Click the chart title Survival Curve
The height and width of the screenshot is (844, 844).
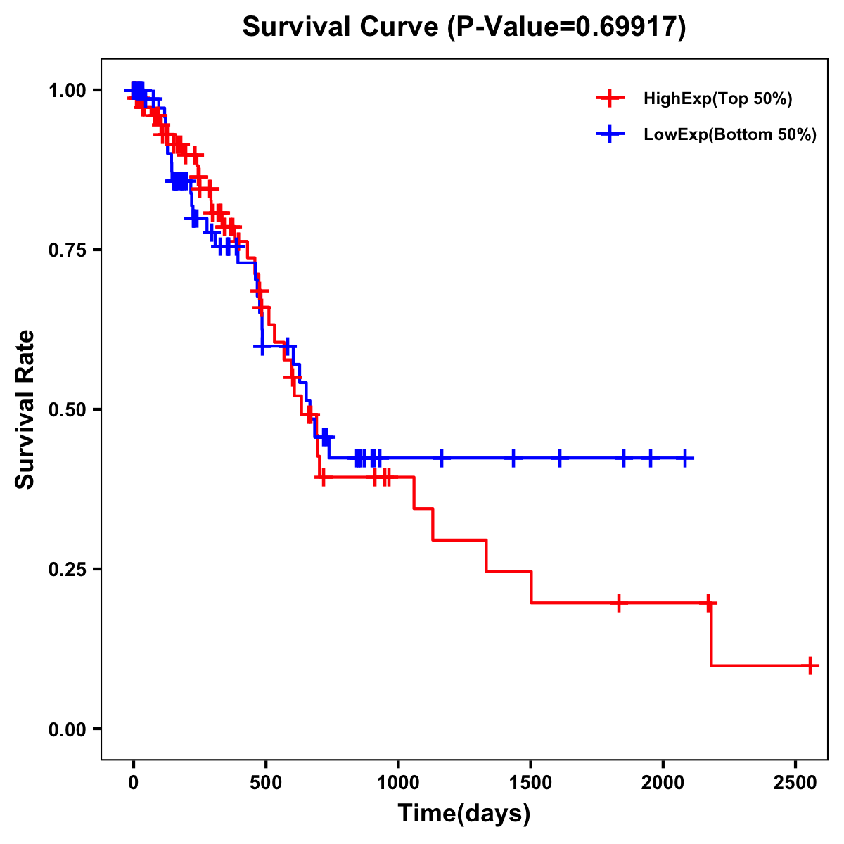point(343,27)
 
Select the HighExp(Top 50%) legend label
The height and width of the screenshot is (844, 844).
point(717,99)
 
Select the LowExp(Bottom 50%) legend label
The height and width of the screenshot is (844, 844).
point(730,135)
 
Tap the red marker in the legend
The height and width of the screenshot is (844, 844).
point(610,98)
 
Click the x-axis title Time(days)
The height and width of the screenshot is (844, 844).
point(464,814)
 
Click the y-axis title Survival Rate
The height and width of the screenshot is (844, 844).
point(25,409)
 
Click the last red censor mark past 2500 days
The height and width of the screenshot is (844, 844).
point(810,665)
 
